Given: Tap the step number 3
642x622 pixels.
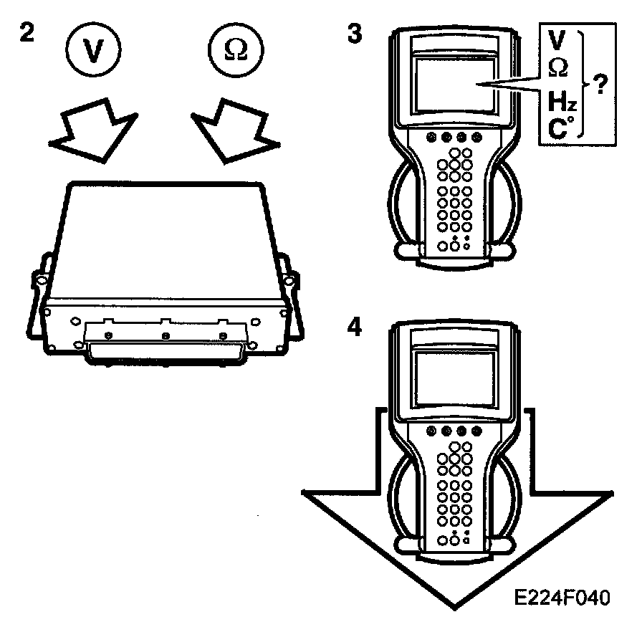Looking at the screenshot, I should point(353,34).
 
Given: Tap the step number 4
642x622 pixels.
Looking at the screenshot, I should point(353,327).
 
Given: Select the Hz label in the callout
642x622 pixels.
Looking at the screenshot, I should point(562,102).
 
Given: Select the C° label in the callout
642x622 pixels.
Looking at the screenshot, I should point(560,130).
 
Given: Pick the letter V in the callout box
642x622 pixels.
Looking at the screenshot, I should point(557,41).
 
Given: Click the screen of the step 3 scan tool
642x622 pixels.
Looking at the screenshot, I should point(454,83).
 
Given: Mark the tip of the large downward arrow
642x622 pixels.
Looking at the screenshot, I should point(453,606).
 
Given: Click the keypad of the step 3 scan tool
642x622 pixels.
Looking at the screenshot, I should point(453,193).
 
